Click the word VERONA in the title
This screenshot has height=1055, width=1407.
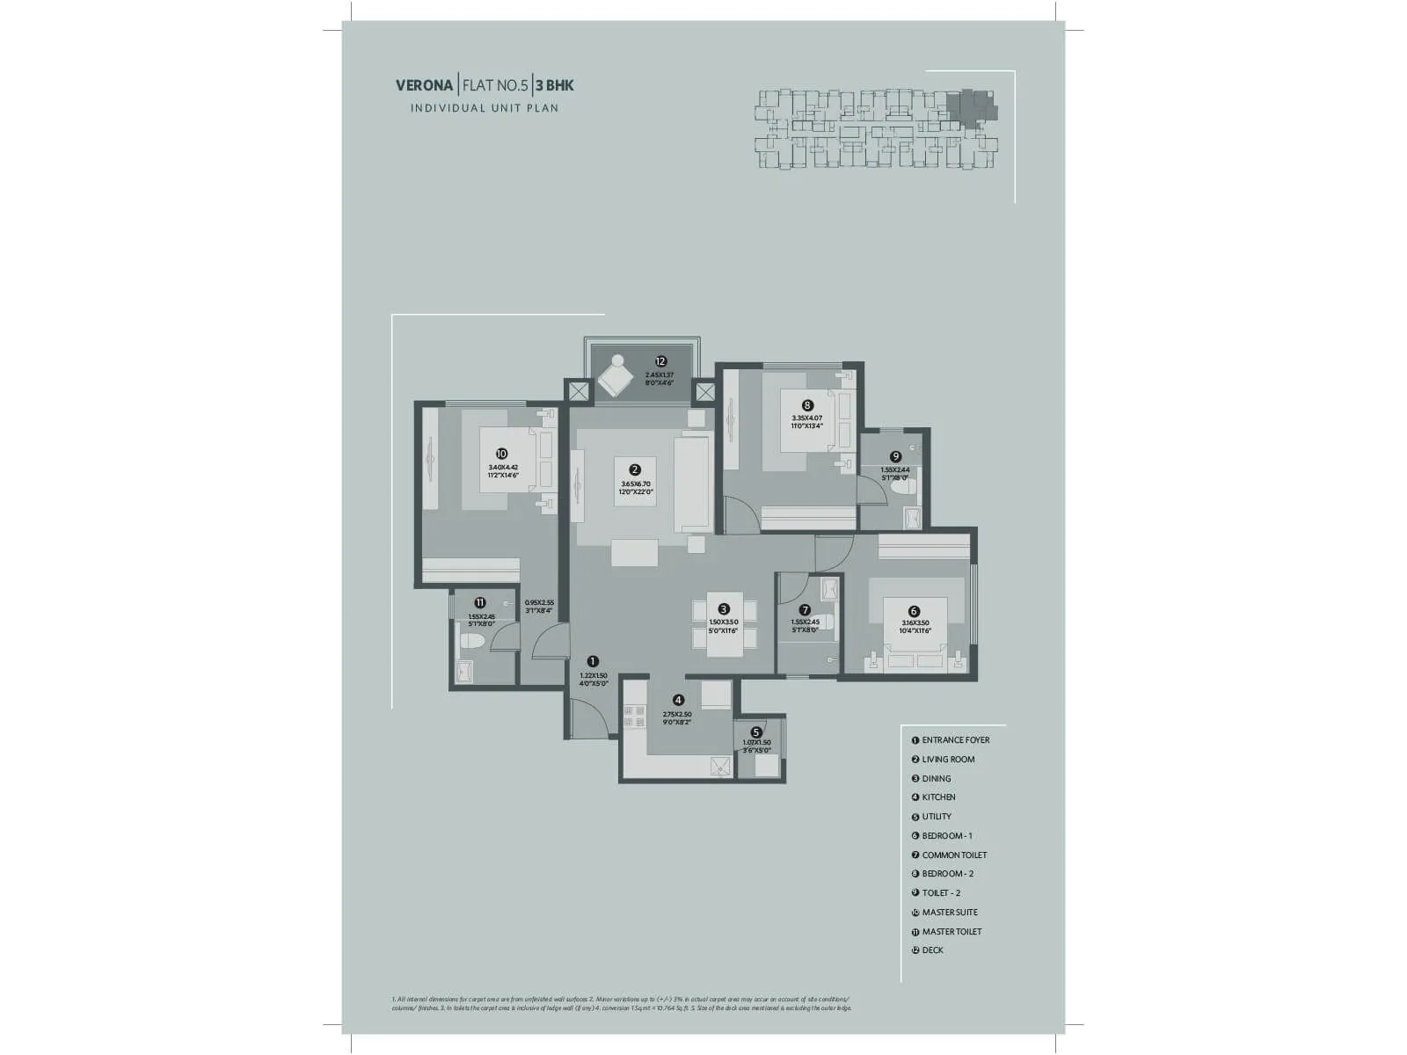click(x=425, y=86)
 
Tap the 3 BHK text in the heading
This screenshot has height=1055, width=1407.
click(x=554, y=86)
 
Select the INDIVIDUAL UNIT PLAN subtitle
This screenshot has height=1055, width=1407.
click(x=485, y=108)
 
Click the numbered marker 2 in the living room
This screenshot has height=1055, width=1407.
click(x=635, y=470)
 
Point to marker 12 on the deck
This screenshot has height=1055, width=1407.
click(x=660, y=361)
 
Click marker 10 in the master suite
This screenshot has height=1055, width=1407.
click(x=502, y=454)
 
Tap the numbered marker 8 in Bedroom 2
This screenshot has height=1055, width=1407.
click(x=807, y=405)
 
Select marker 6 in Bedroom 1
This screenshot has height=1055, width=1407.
click(x=914, y=611)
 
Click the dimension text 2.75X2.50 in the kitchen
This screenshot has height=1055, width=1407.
click(x=677, y=715)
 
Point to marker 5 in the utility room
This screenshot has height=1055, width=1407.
click(x=756, y=731)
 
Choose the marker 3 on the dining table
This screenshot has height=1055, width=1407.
click(x=724, y=608)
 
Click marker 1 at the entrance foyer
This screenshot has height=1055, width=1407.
click(x=593, y=661)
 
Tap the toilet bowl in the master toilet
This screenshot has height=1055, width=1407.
click(x=469, y=642)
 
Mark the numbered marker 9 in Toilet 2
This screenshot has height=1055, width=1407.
click(x=895, y=456)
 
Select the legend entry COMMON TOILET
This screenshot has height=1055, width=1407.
click(x=953, y=855)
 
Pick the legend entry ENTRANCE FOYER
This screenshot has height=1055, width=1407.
click(x=955, y=740)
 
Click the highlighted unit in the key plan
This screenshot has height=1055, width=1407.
click(x=974, y=108)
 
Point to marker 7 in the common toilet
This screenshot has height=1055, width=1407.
click(x=805, y=609)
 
